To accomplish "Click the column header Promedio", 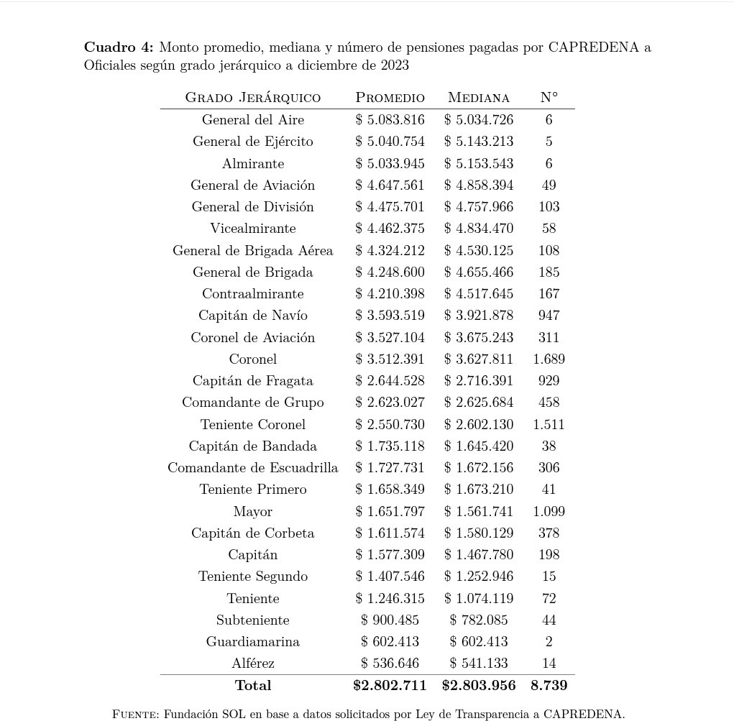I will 390,97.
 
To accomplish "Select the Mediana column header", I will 478,97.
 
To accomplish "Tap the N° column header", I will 549,97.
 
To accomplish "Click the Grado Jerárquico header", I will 252,97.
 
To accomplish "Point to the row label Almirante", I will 252,164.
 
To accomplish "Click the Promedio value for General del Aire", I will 390,120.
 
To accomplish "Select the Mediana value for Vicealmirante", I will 478,229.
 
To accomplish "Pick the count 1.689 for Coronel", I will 549,359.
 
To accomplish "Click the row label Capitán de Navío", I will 252,316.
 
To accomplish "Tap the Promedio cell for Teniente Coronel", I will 390,424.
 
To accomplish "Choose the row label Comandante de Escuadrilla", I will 252,468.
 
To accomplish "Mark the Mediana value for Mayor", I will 478,511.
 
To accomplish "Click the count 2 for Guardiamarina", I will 549,641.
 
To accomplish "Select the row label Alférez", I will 252,663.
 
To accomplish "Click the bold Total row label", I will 252,686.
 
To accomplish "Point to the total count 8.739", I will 549,686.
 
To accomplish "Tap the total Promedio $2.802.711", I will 390,686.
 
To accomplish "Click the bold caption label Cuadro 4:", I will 119,47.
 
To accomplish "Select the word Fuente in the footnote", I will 135,715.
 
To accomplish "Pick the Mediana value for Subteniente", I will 478,620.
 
